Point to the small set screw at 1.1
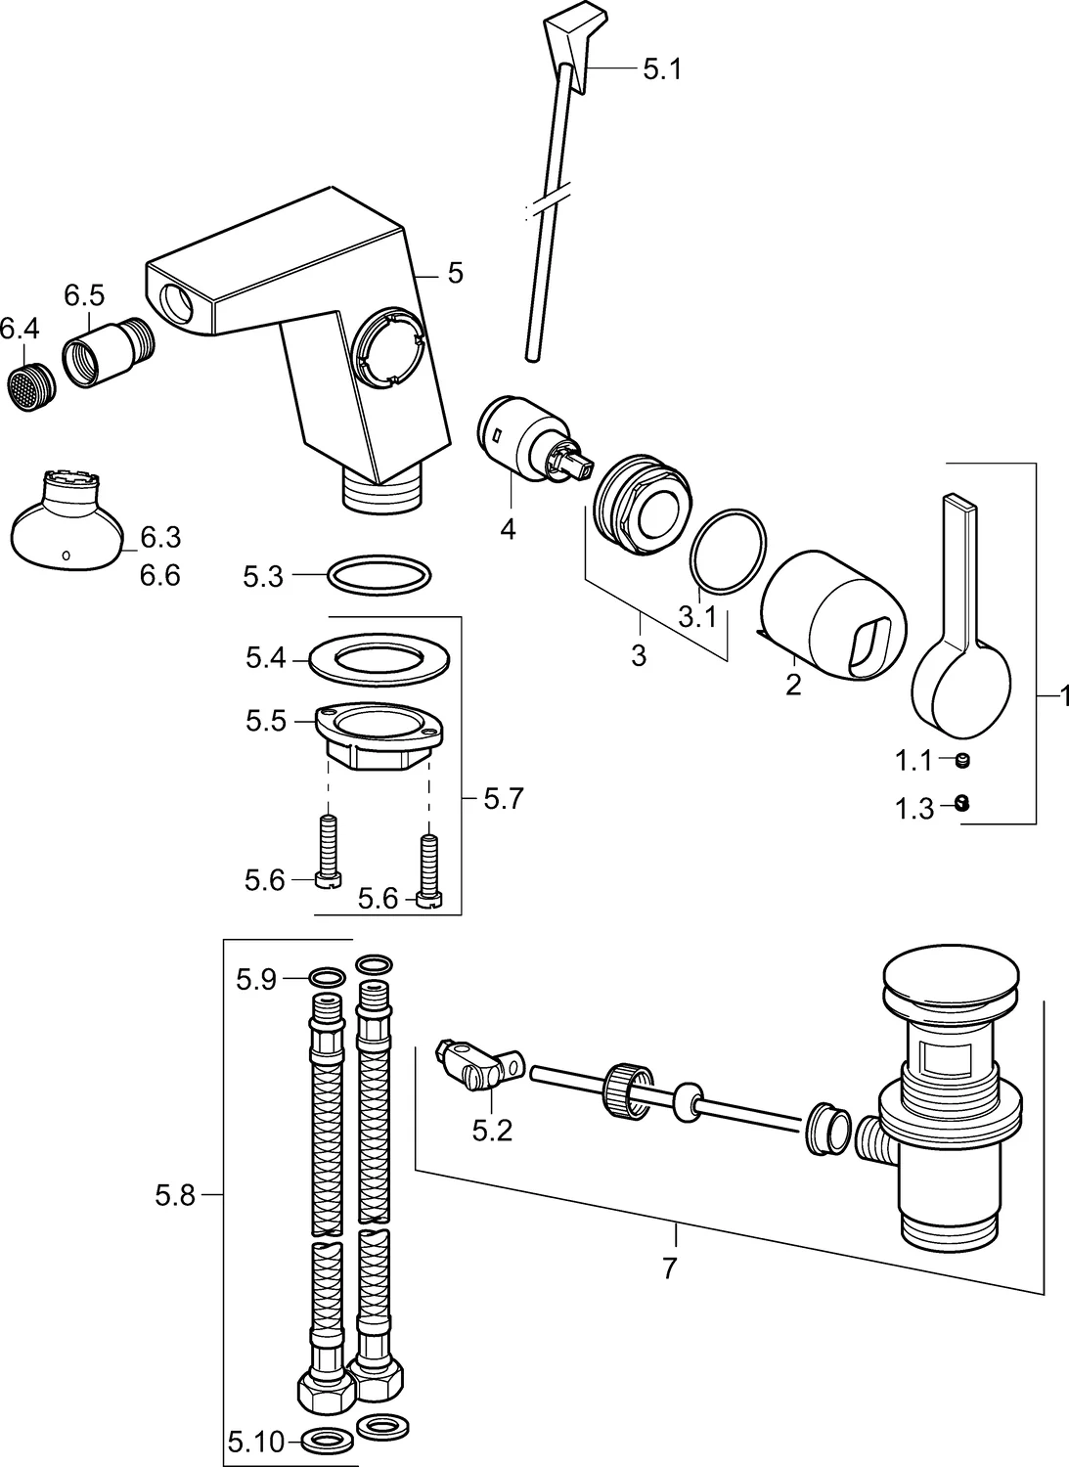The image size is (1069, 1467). tap(961, 759)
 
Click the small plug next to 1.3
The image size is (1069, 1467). tap(961, 803)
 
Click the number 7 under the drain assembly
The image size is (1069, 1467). tap(669, 1269)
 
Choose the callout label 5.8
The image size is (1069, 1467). tap(176, 1194)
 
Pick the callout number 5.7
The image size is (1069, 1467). tap(504, 799)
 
